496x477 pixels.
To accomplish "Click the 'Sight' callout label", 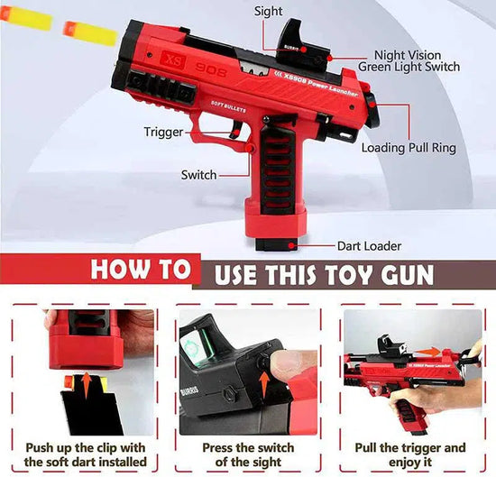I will (x=268, y=11).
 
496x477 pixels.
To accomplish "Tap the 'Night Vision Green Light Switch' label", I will (x=409, y=60).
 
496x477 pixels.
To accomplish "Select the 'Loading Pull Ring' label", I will (x=409, y=148).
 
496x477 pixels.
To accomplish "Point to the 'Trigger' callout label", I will (x=163, y=132).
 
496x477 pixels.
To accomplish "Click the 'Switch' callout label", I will (x=198, y=174).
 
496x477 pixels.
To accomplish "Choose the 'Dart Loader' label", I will (x=369, y=245).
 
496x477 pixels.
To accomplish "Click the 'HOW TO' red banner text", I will (x=141, y=270).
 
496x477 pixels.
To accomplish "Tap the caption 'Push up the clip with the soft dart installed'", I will (x=87, y=454).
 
